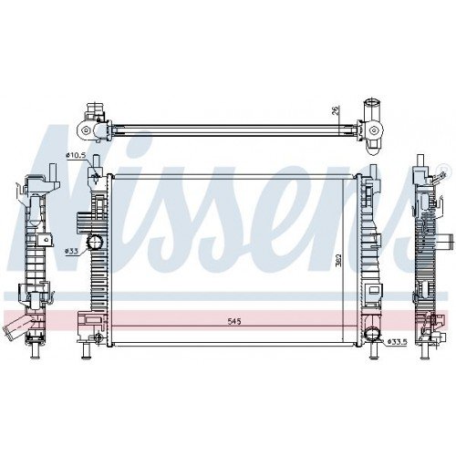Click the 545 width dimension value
[x=235, y=322]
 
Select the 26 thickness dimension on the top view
[x=337, y=111]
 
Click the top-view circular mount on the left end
[x=88, y=131]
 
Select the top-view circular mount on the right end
[x=375, y=131]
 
